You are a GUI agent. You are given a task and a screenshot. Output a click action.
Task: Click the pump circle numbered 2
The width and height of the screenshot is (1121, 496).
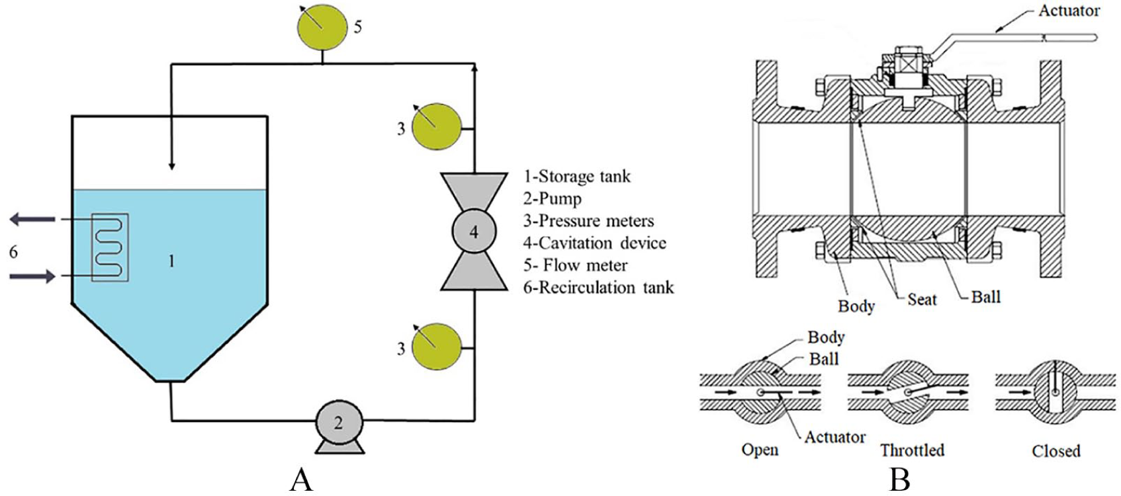tap(339, 423)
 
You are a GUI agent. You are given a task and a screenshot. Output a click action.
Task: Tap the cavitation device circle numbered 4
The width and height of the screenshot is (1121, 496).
tap(474, 231)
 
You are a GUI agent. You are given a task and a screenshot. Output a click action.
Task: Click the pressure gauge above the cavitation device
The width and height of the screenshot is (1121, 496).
tap(436, 126)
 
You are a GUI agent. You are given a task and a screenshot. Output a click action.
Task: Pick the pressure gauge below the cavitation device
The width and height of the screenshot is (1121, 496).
tap(436, 347)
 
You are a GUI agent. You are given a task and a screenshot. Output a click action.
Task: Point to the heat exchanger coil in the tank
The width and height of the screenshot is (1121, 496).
tap(110, 247)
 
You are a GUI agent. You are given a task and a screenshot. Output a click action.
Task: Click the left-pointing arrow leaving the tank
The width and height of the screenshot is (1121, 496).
tap(32, 219)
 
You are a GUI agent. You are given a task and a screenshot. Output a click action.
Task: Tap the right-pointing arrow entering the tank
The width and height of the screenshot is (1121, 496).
tap(32, 276)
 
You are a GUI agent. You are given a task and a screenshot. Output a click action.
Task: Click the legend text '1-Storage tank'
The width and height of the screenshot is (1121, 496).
tap(577, 177)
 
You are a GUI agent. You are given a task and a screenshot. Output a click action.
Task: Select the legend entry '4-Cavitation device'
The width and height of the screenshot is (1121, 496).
tap(594, 243)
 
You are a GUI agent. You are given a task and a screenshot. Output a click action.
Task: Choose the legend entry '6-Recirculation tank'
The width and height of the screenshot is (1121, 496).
tap(598, 288)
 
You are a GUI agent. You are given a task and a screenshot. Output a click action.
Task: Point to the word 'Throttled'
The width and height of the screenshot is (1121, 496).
tap(913, 450)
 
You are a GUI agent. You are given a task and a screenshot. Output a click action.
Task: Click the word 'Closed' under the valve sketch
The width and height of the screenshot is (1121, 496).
tap(1056, 450)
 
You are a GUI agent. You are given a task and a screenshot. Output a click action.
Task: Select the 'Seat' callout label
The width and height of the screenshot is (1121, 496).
tap(922, 299)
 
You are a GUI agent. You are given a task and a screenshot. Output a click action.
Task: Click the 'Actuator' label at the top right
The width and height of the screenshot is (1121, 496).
tap(1069, 11)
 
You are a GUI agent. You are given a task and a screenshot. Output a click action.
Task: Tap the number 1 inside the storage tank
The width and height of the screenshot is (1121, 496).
tap(171, 261)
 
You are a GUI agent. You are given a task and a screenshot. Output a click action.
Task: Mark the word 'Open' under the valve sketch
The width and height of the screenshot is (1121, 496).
tap(760, 450)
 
